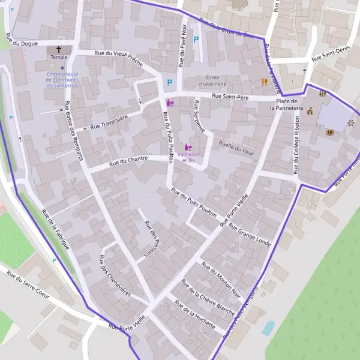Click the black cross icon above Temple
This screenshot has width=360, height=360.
pyautogui.click(x=59, y=49)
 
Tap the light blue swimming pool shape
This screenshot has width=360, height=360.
pyautogui.click(x=268, y=328)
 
